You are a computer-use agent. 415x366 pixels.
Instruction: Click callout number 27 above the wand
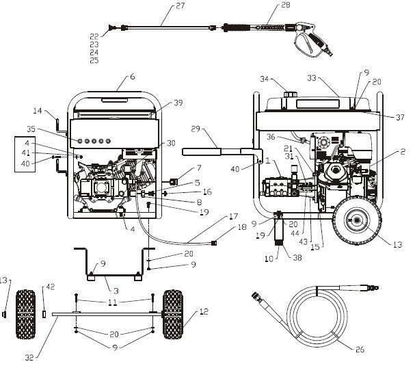click(x=161, y=6)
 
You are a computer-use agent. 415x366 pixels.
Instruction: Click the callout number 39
click(x=178, y=102)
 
